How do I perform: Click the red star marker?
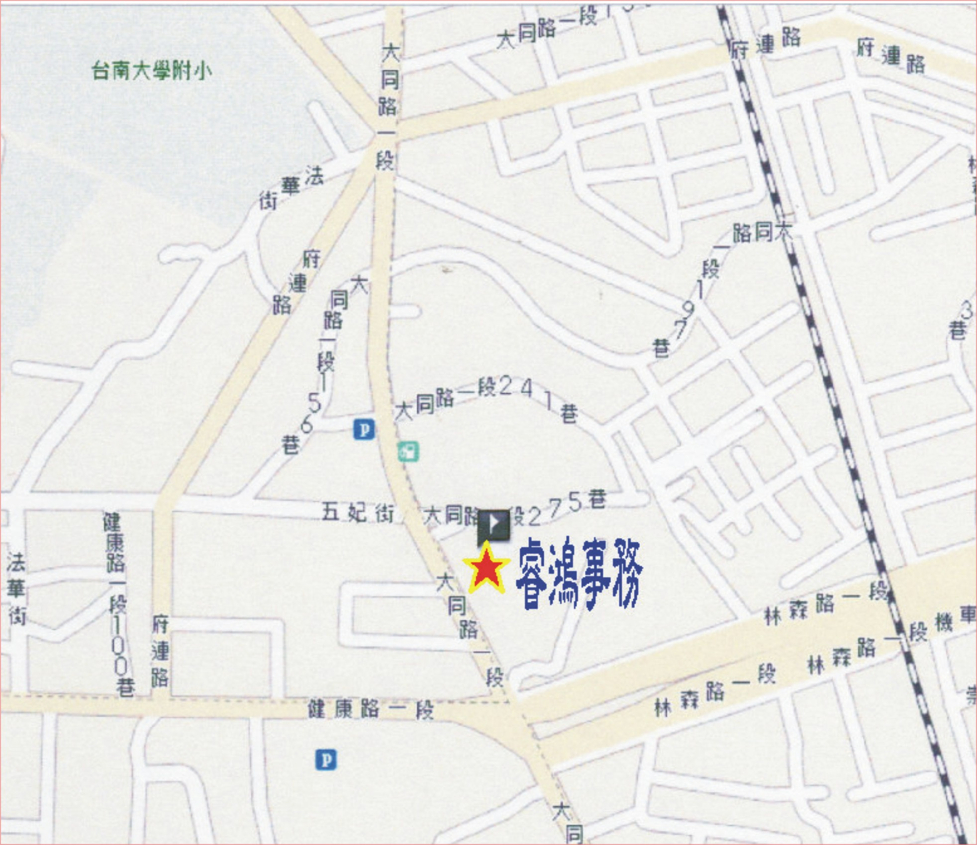pos(486,568)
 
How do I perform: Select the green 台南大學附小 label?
pos(151,71)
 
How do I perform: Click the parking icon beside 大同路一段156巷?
pos(364,429)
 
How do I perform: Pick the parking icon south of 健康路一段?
pos(326,760)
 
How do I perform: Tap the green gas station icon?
pos(408,452)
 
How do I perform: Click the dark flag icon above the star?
pos(493,524)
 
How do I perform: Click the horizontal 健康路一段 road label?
pos(370,709)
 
